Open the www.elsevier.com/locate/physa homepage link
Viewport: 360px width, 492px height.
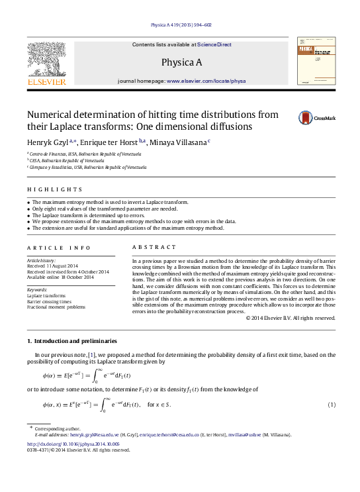(x=206, y=81)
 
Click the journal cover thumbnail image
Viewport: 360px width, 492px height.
(x=316, y=61)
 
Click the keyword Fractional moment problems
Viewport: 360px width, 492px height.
(x=57, y=307)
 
